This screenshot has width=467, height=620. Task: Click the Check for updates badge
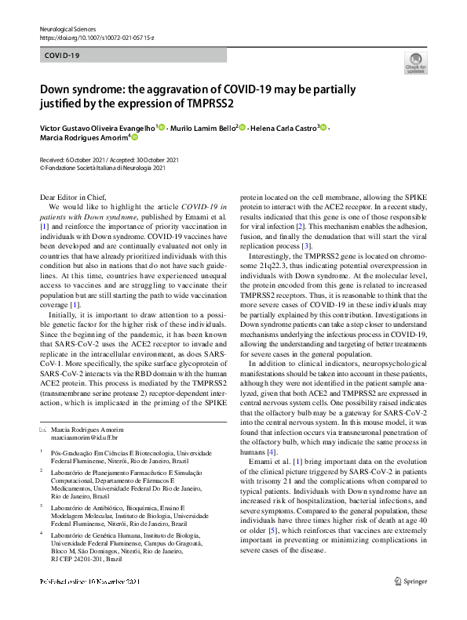click(415, 64)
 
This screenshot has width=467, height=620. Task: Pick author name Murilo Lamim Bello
click(203, 127)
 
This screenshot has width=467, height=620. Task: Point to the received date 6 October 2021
click(79, 158)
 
